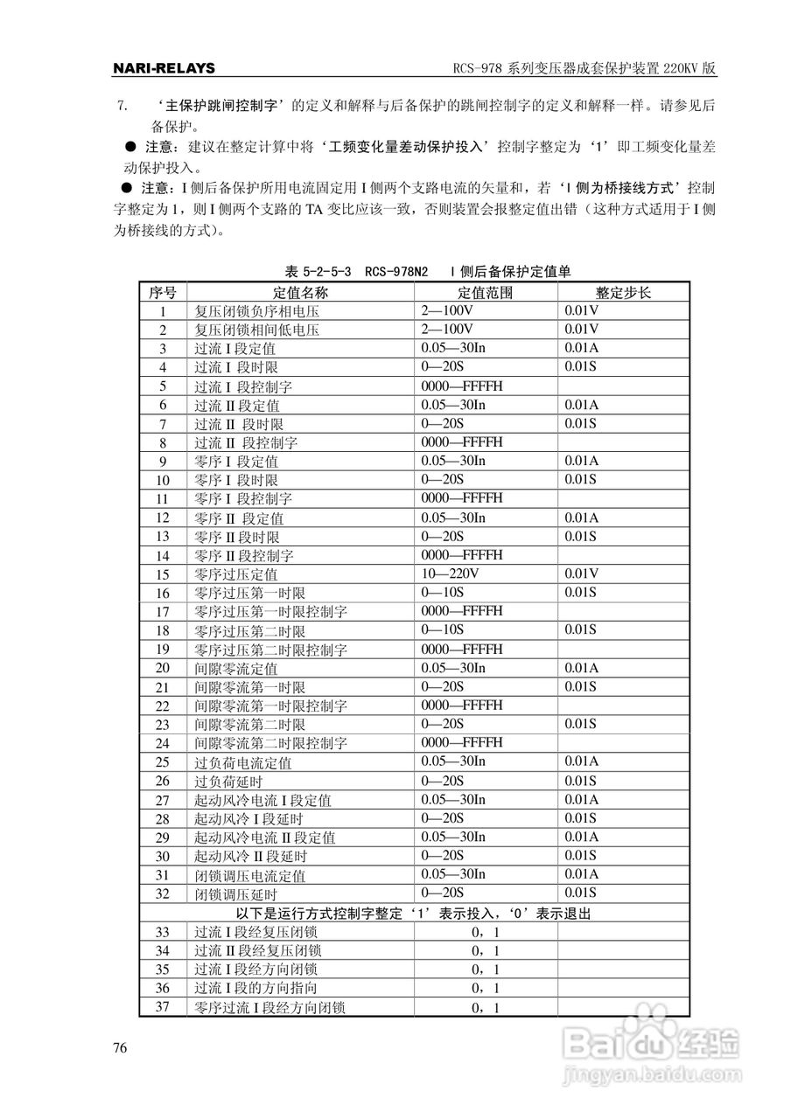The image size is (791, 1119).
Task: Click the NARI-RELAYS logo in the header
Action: coord(164,68)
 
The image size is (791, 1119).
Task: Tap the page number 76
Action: coord(121,1048)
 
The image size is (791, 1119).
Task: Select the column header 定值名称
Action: coord(300,292)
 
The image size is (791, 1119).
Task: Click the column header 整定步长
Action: coord(623,292)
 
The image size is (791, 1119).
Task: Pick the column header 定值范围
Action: coord(485,292)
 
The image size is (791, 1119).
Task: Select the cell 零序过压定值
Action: coord(235,574)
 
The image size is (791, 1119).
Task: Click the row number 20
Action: coord(163,668)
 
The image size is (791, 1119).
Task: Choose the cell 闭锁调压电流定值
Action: coord(249,875)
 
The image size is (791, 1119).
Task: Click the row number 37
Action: coord(163,1007)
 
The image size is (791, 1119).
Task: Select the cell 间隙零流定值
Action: coord(235,669)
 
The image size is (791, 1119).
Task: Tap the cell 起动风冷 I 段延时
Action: coord(248,819)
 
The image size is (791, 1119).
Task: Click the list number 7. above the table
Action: coord(122,106)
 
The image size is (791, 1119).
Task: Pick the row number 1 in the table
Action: coord(163,311)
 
